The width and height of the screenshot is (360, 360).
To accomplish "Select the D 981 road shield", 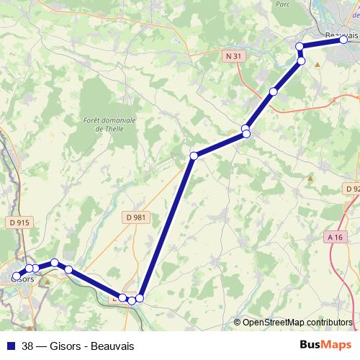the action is coord(135,216).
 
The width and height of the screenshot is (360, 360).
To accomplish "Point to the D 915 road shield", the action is coord(19,223).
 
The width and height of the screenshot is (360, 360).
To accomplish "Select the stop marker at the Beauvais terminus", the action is coord(344,40).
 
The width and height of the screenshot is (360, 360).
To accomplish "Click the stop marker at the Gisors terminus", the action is coord(16,276).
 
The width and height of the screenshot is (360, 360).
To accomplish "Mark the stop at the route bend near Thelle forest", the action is coord(194,156).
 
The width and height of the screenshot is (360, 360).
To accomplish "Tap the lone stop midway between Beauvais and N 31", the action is coord(273,91).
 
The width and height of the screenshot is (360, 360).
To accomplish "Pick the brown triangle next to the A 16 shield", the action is coord(310,177).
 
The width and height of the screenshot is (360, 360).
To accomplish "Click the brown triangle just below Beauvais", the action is coord(317,63).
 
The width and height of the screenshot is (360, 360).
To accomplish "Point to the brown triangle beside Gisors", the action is coord(48,282).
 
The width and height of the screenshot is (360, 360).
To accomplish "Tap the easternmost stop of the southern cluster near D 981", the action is coord(140,297).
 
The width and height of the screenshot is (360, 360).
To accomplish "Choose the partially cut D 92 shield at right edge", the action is coord(352,189).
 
